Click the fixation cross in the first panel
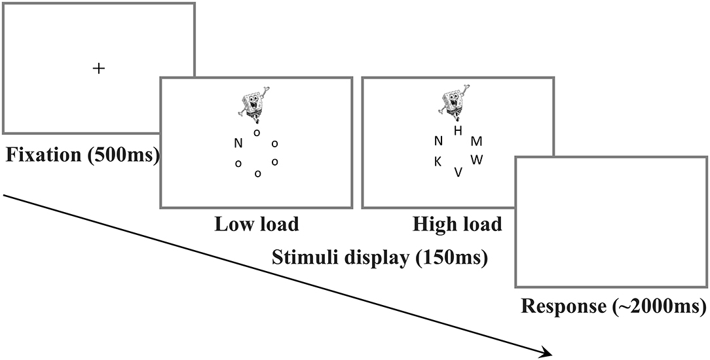tap(98, 68)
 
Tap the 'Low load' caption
tap(256, 225)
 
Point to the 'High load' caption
tap(457, 225)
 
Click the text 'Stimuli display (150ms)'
tap(379, 258)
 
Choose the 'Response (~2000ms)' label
tap(614, 305)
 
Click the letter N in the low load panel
tap(238, 143)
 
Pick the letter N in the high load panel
tap(438, 141)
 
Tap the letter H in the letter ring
tap(458, 131)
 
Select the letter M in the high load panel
tap(477, 141)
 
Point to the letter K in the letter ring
tap(438, 162)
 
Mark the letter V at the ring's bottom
tap(458, 172)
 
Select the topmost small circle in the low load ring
tap(256, 132)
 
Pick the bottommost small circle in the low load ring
tap(257, 173)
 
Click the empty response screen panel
tap(612, 223)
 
